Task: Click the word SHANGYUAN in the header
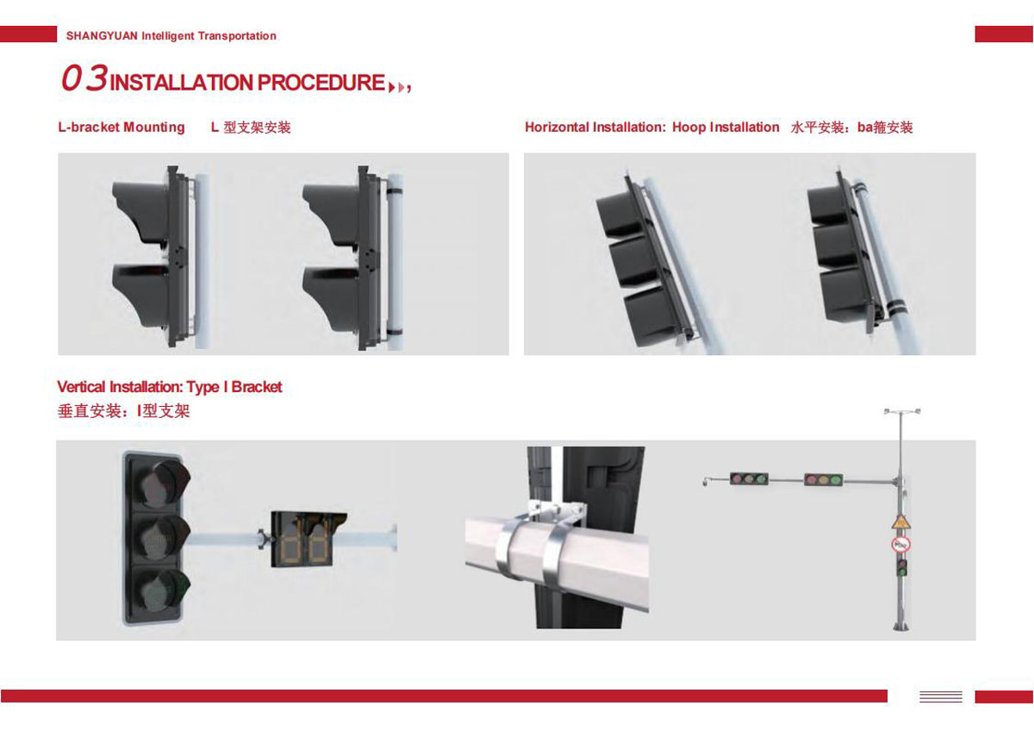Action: (102, 36)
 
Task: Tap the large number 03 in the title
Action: (84, 78)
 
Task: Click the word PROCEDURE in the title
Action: (321, 83)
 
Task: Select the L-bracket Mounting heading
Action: (121, 127)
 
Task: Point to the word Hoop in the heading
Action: (688, 127)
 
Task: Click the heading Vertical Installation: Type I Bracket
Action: (170, 386)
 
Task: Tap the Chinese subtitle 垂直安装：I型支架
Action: (124, 411)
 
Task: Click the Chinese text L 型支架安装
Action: (251, 127)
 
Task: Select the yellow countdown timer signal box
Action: (308, 539)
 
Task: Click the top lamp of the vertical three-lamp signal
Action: (159, 483)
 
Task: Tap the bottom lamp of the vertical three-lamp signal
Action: (159, 590)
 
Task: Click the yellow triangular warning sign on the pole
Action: (900, 522)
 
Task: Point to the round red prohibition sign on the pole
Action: (900, 545)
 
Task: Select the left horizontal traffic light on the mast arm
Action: (749, 479)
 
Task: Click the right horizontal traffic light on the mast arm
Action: (824, 480)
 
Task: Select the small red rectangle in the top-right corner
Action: (1004, 34)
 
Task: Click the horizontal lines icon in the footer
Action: (941, 697)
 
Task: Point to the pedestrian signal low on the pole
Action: (901, 567)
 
